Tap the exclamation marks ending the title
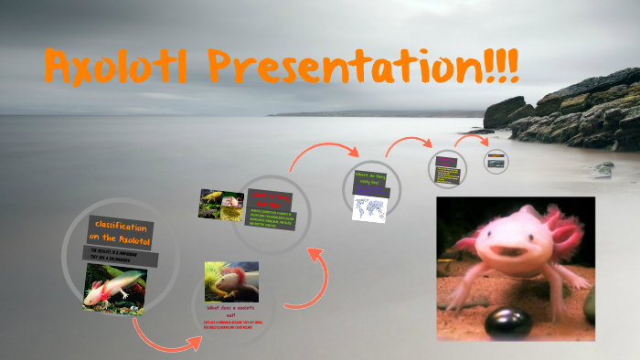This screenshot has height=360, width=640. tap(502, 66)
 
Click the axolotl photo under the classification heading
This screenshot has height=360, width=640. tap(114, 287)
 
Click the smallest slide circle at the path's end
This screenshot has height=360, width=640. tap(496, 161)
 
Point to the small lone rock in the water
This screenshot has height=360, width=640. tap(602, 168)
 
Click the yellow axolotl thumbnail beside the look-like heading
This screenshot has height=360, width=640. tap(220, 204)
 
